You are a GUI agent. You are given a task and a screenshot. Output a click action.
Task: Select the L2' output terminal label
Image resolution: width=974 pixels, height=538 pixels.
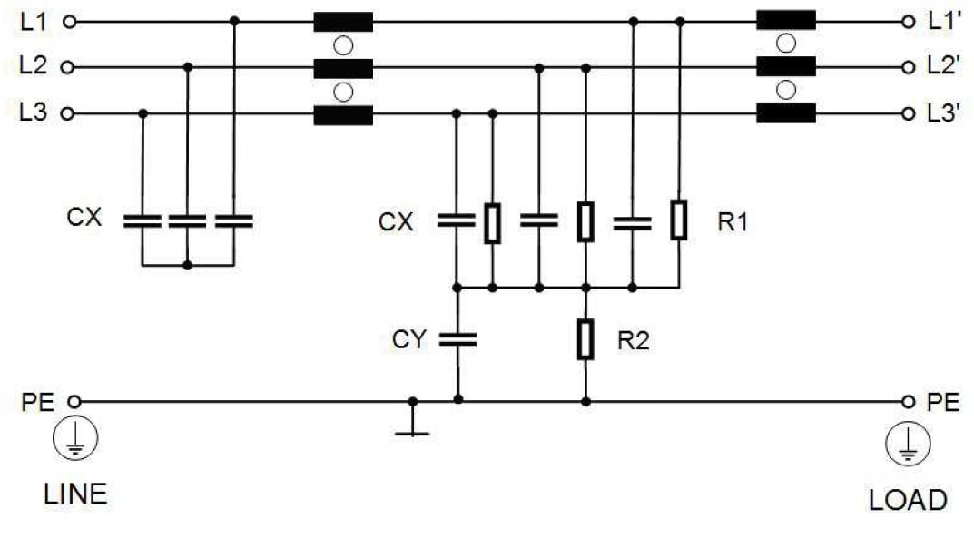click(x=944, y=67)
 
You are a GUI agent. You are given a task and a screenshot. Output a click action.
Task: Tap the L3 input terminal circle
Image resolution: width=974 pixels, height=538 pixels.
click(x=69, y=114)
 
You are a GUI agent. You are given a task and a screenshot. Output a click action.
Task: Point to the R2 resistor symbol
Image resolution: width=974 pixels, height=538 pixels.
click(x=585, y=339)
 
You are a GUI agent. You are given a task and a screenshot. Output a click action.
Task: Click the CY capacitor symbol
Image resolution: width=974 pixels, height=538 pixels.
click(x=457, y=339)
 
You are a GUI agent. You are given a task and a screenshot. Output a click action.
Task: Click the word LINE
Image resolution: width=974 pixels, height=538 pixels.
click(x=75, y=494)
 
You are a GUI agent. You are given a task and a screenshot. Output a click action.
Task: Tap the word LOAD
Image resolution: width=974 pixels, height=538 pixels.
click(x=907, y=500)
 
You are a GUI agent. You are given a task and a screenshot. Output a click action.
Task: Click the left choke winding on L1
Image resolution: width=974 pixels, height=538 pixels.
click(x=343, y=22)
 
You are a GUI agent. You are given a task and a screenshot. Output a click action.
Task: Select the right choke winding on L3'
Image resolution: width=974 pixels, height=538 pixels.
click(x=786, y=114)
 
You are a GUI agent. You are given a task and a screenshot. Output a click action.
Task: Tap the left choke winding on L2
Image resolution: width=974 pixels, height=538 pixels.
click(x=343, y=68)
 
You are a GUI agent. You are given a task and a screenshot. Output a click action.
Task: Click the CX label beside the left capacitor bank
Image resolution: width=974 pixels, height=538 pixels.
click(x=84, y=220)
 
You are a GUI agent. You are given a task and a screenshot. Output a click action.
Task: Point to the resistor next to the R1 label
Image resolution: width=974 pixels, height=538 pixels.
click(x=678, y=220)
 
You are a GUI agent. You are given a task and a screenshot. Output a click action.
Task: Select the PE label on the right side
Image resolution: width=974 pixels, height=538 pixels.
click(x=944, y=403)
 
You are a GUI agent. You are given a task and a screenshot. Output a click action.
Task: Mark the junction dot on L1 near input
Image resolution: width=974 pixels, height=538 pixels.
click(x=234, y=21)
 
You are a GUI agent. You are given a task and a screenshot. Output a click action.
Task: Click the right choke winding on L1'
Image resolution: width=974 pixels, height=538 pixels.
click(x=786, y=21)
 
